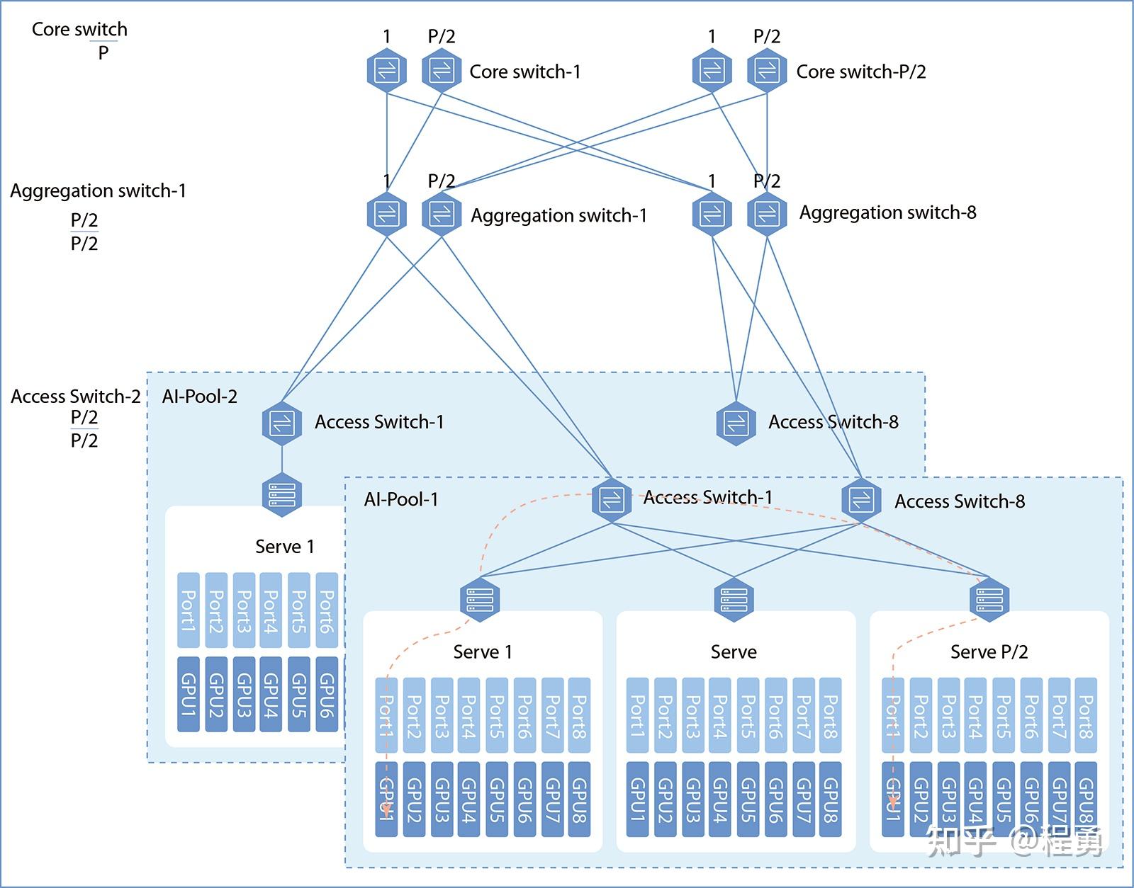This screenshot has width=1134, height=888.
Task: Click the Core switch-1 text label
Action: pyautogui.click(x=525, y=72)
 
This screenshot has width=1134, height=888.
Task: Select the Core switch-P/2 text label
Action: pyautogui.click(x=861, y=72)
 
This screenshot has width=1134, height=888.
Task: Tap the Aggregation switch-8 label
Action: pyautogui.click(x=887, y=212)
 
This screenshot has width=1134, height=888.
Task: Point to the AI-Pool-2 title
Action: pyautogui.click(x=199, y=397)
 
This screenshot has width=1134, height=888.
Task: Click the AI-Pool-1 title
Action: pyautogui.click(x=400, y=499)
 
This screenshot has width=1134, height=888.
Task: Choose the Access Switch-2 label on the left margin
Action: pyautogui.click(x=76, y=397)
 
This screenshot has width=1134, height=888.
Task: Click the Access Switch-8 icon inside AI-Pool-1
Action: pyautogui.click(x=862, y=500)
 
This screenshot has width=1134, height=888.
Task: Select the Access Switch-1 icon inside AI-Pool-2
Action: pyautogui.click(x=282, y=423)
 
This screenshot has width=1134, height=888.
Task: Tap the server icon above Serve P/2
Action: pyautogui.click(x=989, y=599)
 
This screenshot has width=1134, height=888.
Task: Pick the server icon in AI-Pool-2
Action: pyautogui.click(x=282, y=494)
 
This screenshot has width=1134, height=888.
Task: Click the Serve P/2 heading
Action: pyautogui.click(x=989, y=651)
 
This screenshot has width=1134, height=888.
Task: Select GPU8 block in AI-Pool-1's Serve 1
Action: pyautogui.click(x=579, y=799)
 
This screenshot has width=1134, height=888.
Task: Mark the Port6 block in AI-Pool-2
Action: pyautogui.click(x=327, y=610)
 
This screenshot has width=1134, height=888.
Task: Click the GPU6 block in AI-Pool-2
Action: pyautogui.click(x=327, y=694)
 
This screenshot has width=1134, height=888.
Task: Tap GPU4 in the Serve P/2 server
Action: pyautogui.click(x=976, y=799)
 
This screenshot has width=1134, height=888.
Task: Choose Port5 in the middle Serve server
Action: pyautogui.click(x=748, y=715)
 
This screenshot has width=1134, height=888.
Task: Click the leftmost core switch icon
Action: pyautogui.click(x=387, y=70)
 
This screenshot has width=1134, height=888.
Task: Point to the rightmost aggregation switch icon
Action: pyautogui.click(x=767, y=215)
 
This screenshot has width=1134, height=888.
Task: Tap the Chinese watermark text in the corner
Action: pyautogui.click(x=1014, y=841)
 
